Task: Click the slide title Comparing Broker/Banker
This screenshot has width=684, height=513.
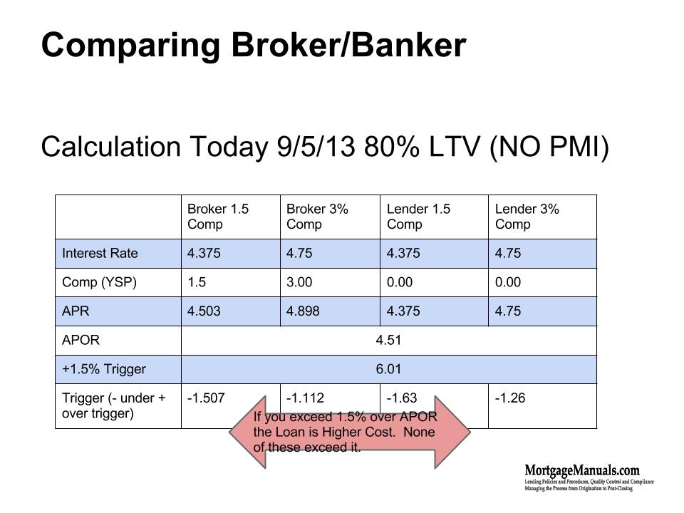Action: (x=254, y=46)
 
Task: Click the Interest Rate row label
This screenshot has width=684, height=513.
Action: (x=100, y=254)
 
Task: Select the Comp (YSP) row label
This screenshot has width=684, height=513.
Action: (x=99, y=282)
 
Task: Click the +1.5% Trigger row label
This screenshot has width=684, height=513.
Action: (x=104, y=369)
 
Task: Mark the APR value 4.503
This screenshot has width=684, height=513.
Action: (x=204, y=311)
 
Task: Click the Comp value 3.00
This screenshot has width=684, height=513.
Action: (x=299, y=282)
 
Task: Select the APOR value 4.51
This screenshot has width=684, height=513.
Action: (x=388, y=340)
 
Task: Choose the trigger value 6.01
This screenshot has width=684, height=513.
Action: (x=388, y=369)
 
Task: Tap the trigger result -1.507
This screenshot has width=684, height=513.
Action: (x=206, y=398)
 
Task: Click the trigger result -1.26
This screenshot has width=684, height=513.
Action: (x=509, y=398)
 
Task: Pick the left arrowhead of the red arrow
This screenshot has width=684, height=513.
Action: (x=246, y=432)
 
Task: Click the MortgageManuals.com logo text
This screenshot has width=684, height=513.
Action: (x=581, y=470)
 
